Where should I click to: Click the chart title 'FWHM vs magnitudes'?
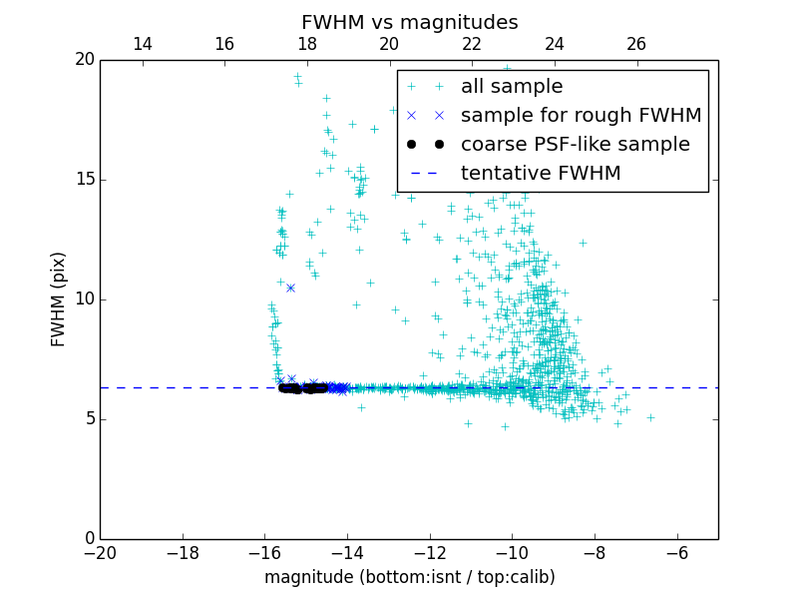409,22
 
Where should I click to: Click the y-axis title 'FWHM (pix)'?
59,299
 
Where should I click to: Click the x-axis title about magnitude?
409,577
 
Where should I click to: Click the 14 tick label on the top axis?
142,44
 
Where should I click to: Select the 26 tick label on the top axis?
636,44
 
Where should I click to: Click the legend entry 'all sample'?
511,87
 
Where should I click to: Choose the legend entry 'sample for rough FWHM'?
581,116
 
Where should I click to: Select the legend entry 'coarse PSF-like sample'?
575,145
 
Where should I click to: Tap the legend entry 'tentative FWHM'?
540,174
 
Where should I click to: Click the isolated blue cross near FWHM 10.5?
290,288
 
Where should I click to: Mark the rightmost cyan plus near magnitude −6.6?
650,417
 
